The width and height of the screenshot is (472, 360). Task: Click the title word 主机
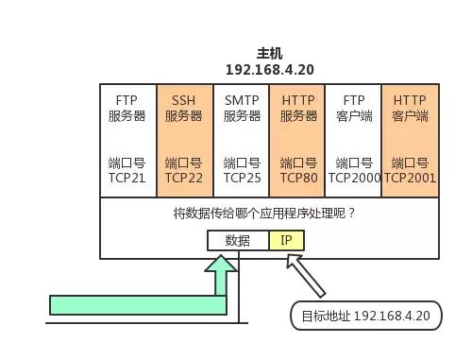[x=269, y=54]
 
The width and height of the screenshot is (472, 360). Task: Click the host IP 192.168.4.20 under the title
[x=269, y=70]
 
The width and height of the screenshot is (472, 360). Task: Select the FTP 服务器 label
[x=127, y=108]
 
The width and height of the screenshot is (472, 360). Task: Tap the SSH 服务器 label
[x=183, y=108]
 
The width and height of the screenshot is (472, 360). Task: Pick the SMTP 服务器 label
[x=242, y=108]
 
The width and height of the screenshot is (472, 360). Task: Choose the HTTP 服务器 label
[x=297, y=108]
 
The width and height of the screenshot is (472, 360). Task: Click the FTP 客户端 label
[x=354, y=108]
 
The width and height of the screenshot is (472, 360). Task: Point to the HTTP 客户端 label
[x=410, y=108]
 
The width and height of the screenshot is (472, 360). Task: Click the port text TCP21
[x=127, y=177]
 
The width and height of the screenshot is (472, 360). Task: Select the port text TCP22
[x=183, y=177]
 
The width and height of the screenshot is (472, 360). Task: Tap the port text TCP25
[x=242, y=177]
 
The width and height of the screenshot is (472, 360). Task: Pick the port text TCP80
[x=297, y=177]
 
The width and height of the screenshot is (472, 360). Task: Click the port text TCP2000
[x=354, y=177]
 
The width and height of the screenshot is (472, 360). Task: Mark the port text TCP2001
[x=410, y=177]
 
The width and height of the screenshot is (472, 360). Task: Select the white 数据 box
[x=238, y=240]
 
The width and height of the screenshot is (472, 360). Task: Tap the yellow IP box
[x=286, y=240]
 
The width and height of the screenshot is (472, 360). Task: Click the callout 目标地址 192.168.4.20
[x=365, y=316]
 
